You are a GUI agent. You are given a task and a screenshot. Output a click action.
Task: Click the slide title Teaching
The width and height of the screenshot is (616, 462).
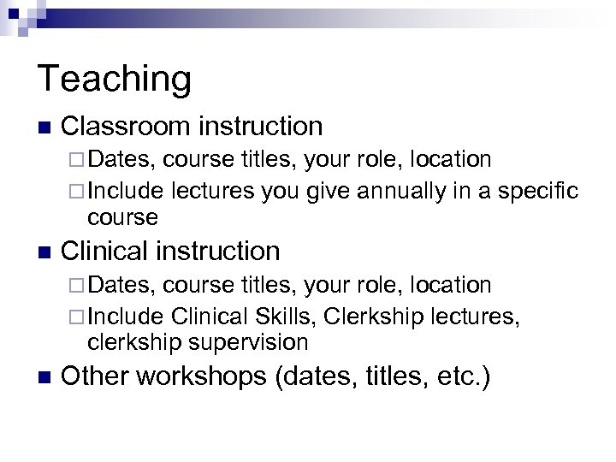point(115,80)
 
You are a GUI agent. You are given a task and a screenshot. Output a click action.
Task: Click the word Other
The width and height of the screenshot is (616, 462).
point(96,376)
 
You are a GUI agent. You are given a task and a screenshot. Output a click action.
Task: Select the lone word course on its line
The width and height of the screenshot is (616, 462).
point(122,217)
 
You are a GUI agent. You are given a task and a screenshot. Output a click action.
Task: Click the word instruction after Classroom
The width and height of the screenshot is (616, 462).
point(260,127)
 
